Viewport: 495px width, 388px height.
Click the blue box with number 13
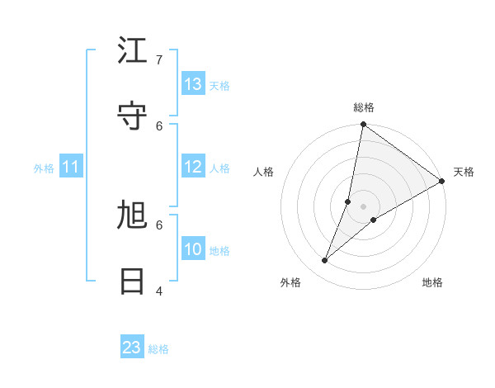pos(193,84)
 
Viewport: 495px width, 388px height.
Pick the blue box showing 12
pos(193,167)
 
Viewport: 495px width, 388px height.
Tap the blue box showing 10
pos(193,249)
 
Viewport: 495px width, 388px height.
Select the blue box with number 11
pos(71,168)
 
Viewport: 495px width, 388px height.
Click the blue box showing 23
pos(132,348)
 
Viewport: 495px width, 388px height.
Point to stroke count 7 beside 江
pos(170,59)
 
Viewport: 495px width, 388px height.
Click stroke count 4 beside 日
pos(170,291)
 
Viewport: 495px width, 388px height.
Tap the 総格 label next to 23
pos(158,349)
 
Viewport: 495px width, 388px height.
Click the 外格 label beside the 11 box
pos(44,168)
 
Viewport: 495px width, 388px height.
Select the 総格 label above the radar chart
pos(363,107)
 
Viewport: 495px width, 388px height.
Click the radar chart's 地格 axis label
pos(432,282)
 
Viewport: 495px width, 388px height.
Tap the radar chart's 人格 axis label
pos(264,172)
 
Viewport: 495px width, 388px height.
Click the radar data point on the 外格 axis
pos(325,261)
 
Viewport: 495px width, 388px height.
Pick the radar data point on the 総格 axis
pos(363,125)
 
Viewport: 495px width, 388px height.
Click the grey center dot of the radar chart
pos(363,206)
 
